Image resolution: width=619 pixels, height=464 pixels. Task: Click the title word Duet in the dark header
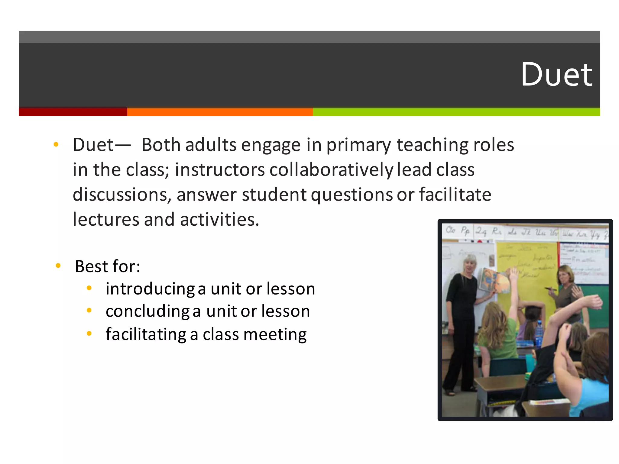coord(556,75)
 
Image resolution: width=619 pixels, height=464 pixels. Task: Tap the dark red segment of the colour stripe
coord(73,112)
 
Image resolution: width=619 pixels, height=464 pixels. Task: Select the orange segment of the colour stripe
coord(220,112)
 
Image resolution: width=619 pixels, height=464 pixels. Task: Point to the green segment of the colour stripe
coord(456,112)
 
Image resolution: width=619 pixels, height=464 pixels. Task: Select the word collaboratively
coord(331,170)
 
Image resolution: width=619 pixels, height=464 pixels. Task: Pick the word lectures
coord(106,219)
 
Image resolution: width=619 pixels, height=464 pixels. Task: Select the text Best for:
coord(108,266)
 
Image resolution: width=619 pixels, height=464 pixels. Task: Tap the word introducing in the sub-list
coord(150,289)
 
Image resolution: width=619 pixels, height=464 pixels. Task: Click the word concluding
coord(147,311)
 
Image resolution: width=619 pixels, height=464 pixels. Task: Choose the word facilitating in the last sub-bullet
coord(146,334)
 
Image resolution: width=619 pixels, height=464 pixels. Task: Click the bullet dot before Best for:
coord(58,266)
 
